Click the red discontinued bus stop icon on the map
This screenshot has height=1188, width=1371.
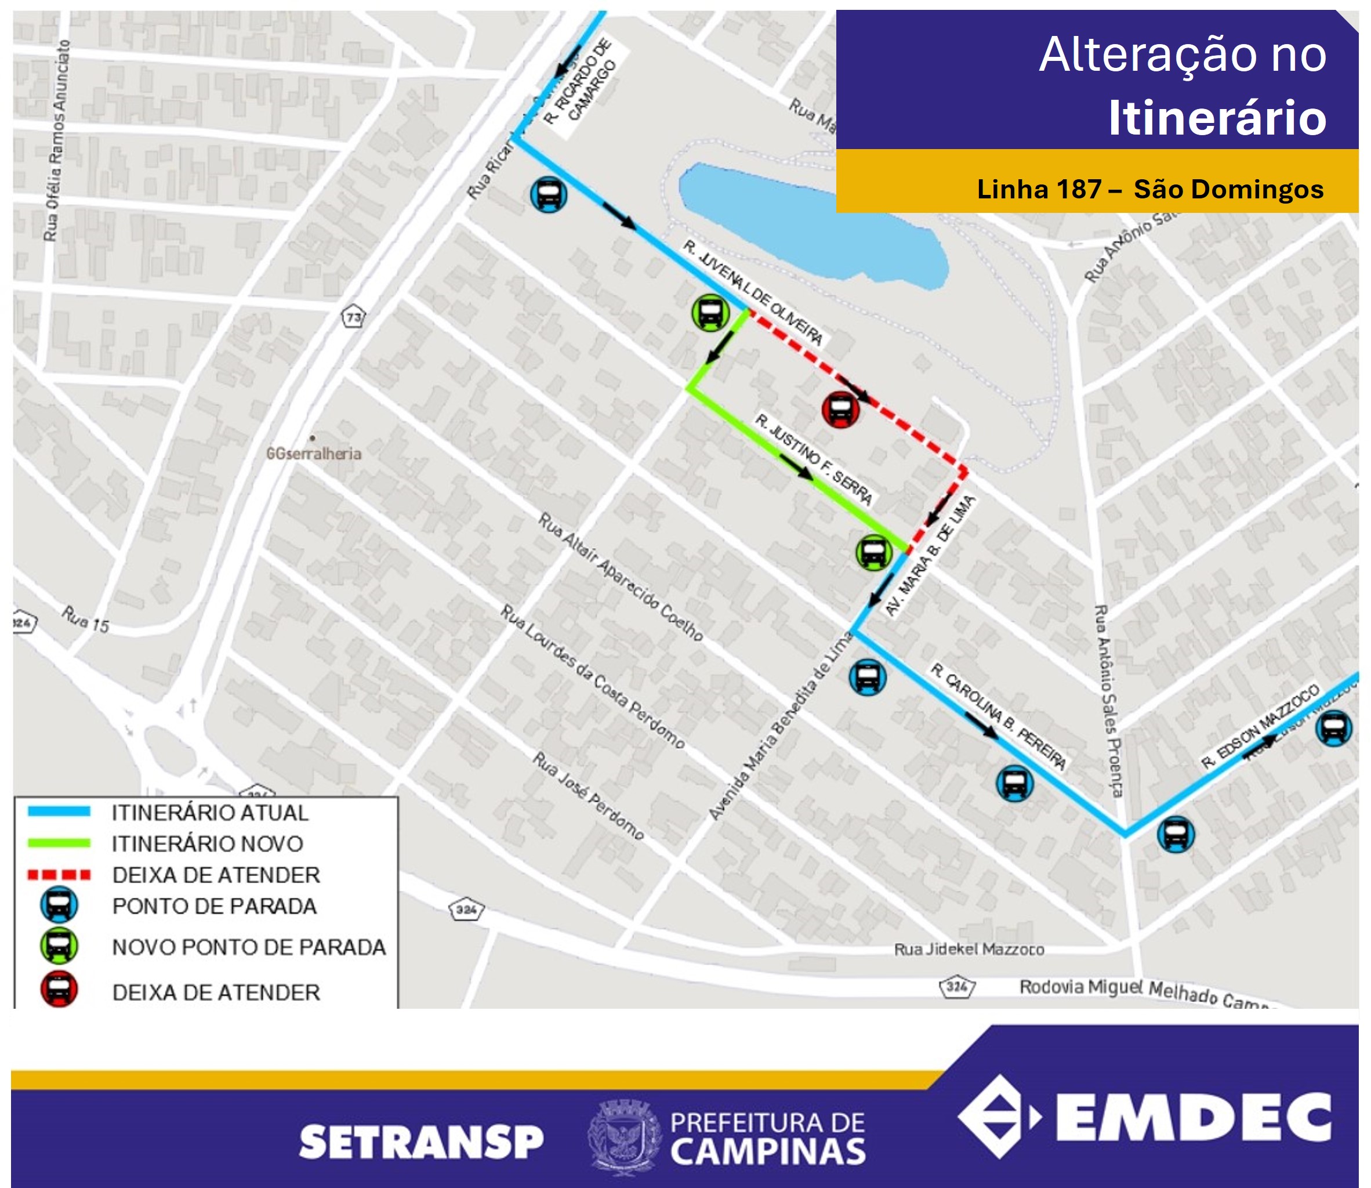pos(840,409)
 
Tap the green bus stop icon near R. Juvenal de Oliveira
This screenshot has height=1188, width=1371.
pos(710,313)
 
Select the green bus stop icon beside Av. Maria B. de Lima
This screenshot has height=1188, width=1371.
pos(873,552)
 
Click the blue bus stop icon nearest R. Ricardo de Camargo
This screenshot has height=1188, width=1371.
pos(548,195)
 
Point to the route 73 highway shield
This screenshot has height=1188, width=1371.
pos(354,317)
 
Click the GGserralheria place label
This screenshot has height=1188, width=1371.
pos(313,454)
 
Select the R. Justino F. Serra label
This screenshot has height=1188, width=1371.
pos(814,459)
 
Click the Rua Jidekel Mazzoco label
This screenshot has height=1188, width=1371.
pos(969,950)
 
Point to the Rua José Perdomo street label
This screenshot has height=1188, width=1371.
pos(587,795)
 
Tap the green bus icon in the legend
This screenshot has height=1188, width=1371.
pos(59,946)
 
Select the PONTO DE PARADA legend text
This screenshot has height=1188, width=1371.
pos(214,906)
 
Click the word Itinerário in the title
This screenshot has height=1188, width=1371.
pos(1217,118)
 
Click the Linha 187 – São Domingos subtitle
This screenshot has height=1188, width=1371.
pos(1149,190)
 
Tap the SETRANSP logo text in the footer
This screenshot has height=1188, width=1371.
pos(421,1142)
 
